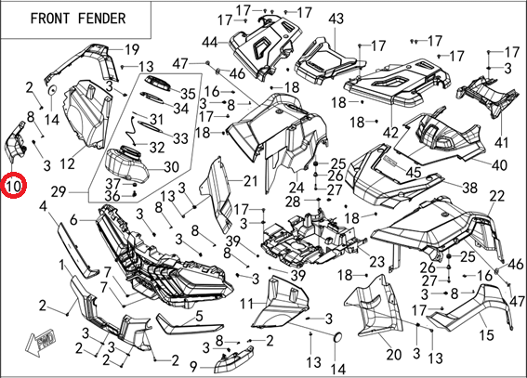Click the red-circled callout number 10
pyautogui.click(x=13, y=186)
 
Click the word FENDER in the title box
pyautogui.click(x=102, y=19)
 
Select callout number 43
pyautogui.click(x=336, y=19)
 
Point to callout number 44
pyautogui.click(x=210, y=43)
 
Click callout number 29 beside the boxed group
pyautogui.click(x=59, y=192)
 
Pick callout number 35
pyautogui.click(x=188, y=94)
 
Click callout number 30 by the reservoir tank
pyautogui.click(x=171, y=167)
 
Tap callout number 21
pyautogui.click(x=250, y=181)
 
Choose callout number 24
pyautogui.click(x=296, y=188)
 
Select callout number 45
pyautogui.click(x=414, y=172)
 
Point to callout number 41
pyautogui.click(x=502, y=143)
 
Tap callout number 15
pyautogui.click(x=486, y=334)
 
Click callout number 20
pyautogui.click(x=393, y=354)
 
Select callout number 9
pyautogui.click(x=193, y=367)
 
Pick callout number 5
pyautogui.click(x=199, y=316)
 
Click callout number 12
pyautogui.click(x=67, y=163)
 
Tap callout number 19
pyautogui.click(x=132, y=49)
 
